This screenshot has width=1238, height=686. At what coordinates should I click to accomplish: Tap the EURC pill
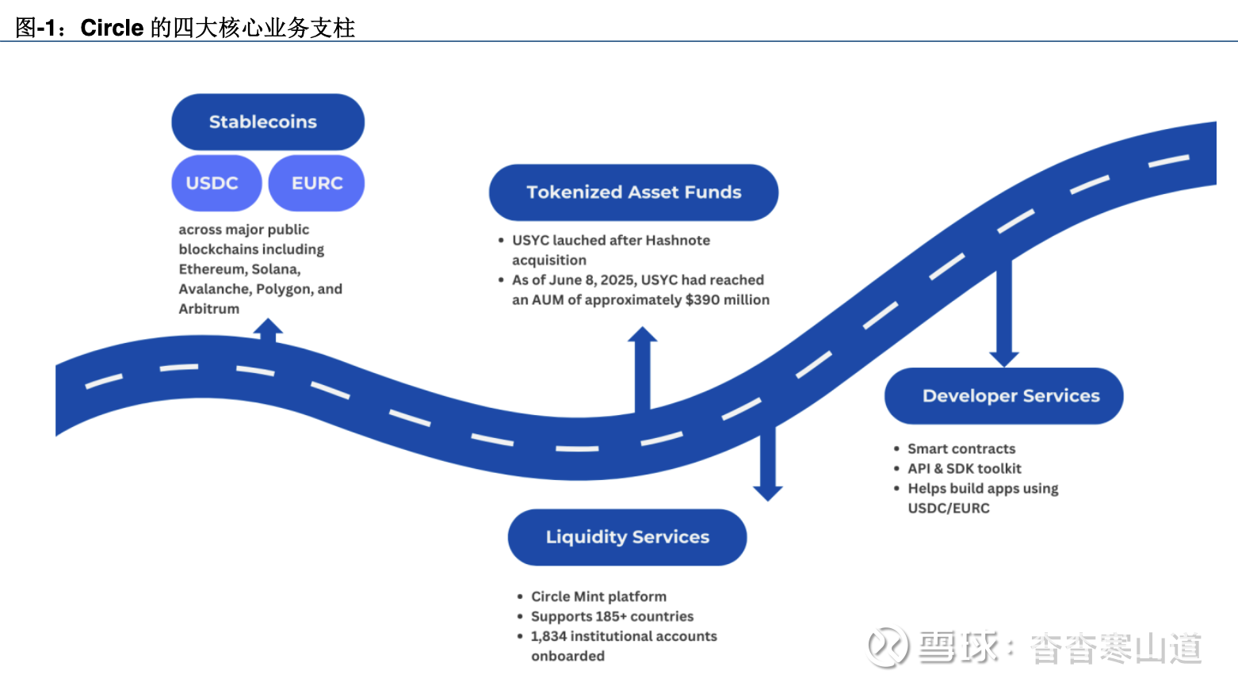click(316, 183)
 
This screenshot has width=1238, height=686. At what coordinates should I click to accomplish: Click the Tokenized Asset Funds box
click(633, 192)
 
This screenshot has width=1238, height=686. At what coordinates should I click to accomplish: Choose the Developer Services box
click(1003, 396)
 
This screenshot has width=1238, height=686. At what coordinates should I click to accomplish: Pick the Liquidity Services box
click(627, 537)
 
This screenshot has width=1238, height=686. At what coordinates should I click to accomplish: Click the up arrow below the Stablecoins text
click(269, 329)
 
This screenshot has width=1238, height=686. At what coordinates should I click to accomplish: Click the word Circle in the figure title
click(112, 28)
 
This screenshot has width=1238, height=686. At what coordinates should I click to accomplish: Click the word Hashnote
click(678, 240)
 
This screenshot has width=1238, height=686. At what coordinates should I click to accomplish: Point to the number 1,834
click(548, 636)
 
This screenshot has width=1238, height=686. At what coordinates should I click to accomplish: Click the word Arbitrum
click(208, 309)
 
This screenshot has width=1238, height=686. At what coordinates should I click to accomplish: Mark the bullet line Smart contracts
click(961, 448)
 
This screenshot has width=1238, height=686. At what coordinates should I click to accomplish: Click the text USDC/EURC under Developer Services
click(949, 508)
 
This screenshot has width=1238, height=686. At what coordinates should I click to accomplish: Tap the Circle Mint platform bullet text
click(598, 596)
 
